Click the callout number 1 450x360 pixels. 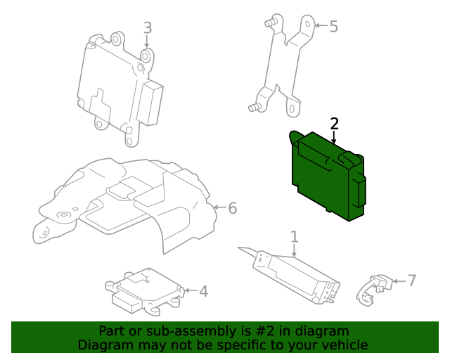pyautogui.click(x=295, y=237)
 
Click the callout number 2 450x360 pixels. pyautogui.click(x=335, y=124)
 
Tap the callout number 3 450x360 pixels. pyautogui.click(x=147, y=28)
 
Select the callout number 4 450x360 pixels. pyautogui.click(x=203, y=291)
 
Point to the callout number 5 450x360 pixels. pyautogui.click(x=333, y=27)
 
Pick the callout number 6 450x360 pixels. pyautogui.click(x=232, y=208)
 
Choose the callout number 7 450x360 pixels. pyautogui.click(x=412, y=281)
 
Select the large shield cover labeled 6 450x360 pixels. pyautogui.click(x=127, y=200)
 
